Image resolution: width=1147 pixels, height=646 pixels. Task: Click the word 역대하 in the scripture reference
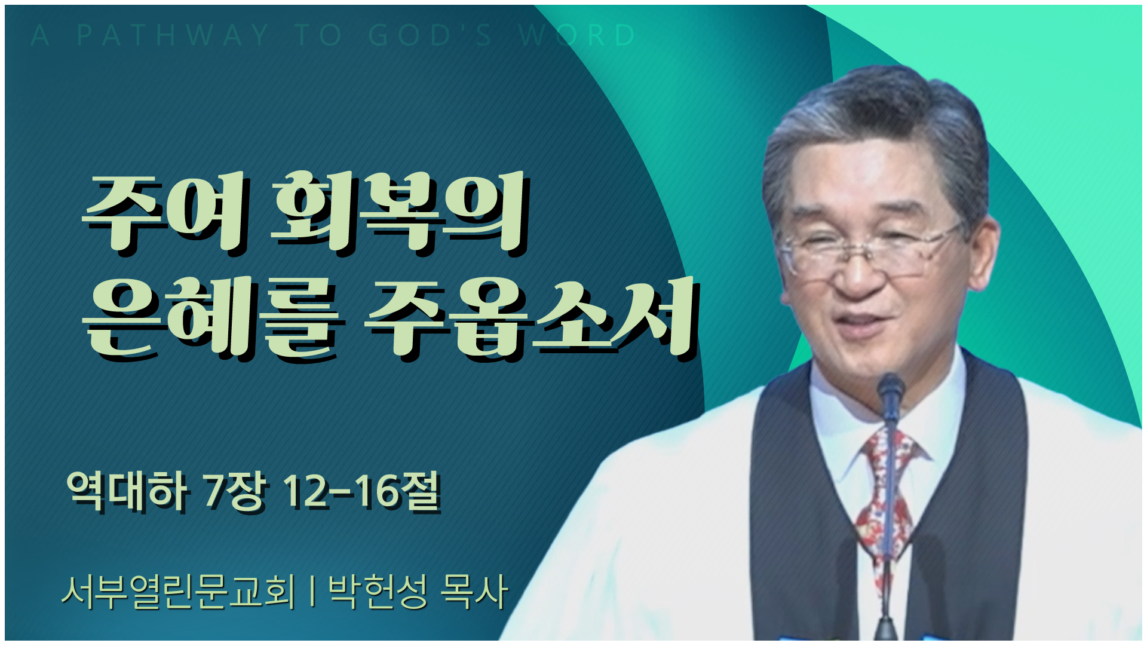pyautogui.click(x=127, y=491)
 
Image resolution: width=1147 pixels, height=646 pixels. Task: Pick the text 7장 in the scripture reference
pyautogui.click(x=234, y=491)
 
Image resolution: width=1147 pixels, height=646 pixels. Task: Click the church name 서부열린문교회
pyautogui.click(x=179, y=592)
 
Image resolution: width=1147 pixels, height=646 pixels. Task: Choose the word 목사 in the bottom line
pyautogui.click(x=474, y=592)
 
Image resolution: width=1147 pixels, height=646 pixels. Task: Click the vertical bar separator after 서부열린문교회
pyautogui.click(x=312, y=592)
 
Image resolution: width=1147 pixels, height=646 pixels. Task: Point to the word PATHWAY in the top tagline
pyautogui.click(x=173, y=35)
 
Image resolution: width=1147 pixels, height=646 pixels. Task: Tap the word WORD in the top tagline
pyautogui.click(x=577, y=35)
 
